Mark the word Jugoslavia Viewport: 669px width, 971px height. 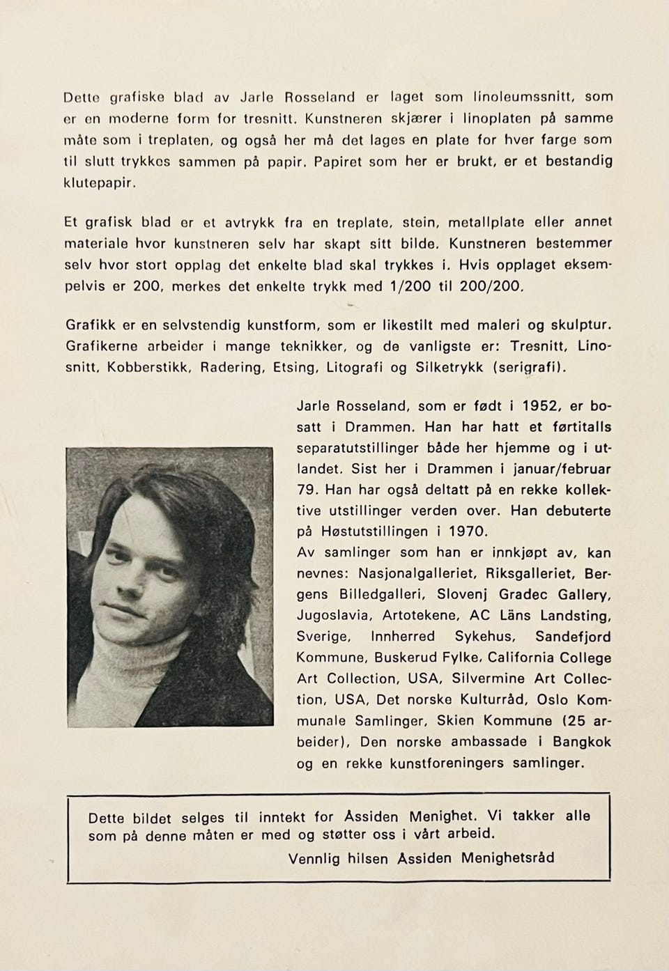[329, 616]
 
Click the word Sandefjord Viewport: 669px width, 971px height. [573, 637]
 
